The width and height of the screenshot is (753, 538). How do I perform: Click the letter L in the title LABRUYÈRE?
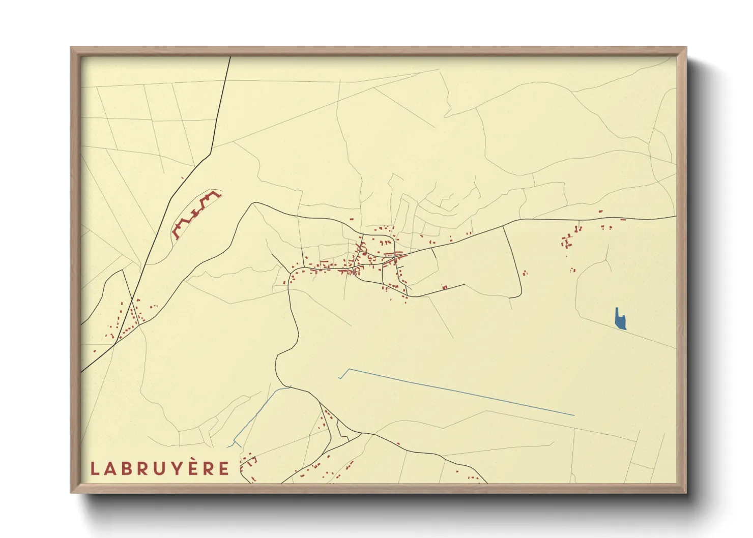tap(95, 468)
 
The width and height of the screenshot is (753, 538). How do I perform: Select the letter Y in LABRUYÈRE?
tap(178, 468)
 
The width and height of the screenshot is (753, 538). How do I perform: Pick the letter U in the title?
tap(160, 468)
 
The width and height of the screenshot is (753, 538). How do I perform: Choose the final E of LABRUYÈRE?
tap(224, 468)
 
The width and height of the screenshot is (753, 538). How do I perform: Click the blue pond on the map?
tap(620, 320)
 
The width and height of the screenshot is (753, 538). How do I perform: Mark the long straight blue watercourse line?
tap(458, 392)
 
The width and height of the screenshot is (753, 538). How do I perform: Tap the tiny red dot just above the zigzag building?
tap(182, 177)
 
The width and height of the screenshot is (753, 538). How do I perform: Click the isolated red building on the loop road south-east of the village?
tap(445, 288)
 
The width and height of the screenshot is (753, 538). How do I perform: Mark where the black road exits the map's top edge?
tap(230, 57)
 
